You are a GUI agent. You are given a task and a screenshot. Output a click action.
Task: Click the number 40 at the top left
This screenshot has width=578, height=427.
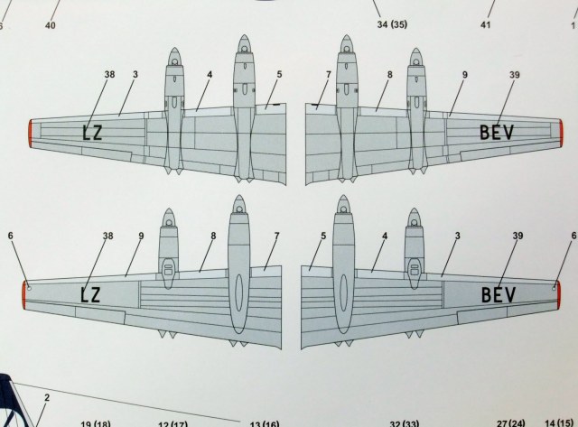[x=50, y=25]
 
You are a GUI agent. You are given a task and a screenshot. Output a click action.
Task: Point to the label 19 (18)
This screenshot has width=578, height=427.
[x=96, y=421]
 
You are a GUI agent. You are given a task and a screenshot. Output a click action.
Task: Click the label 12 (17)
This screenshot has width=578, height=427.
[x=174, y=422]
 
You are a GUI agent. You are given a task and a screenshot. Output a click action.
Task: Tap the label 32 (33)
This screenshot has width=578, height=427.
[x=406, y=422]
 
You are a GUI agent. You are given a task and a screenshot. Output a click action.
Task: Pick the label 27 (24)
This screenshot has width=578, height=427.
[x=510, y=422]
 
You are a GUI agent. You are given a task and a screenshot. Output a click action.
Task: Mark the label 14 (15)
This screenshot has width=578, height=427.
[x=557, y=422]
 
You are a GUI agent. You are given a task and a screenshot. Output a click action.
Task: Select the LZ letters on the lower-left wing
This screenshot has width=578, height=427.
[x=91, y=294]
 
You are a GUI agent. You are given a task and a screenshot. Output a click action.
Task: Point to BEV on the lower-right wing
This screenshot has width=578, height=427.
[x=498, y=294]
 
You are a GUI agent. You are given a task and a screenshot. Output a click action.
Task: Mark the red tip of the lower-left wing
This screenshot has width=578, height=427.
[x=24, y=292]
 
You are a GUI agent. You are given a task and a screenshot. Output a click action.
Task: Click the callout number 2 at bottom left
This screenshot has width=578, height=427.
[x=46, y=396]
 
